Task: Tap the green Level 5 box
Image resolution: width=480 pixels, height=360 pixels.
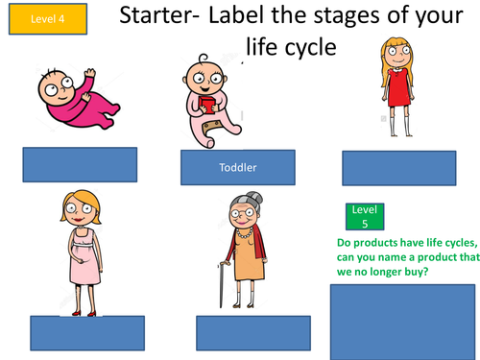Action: [x=361, y=216]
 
